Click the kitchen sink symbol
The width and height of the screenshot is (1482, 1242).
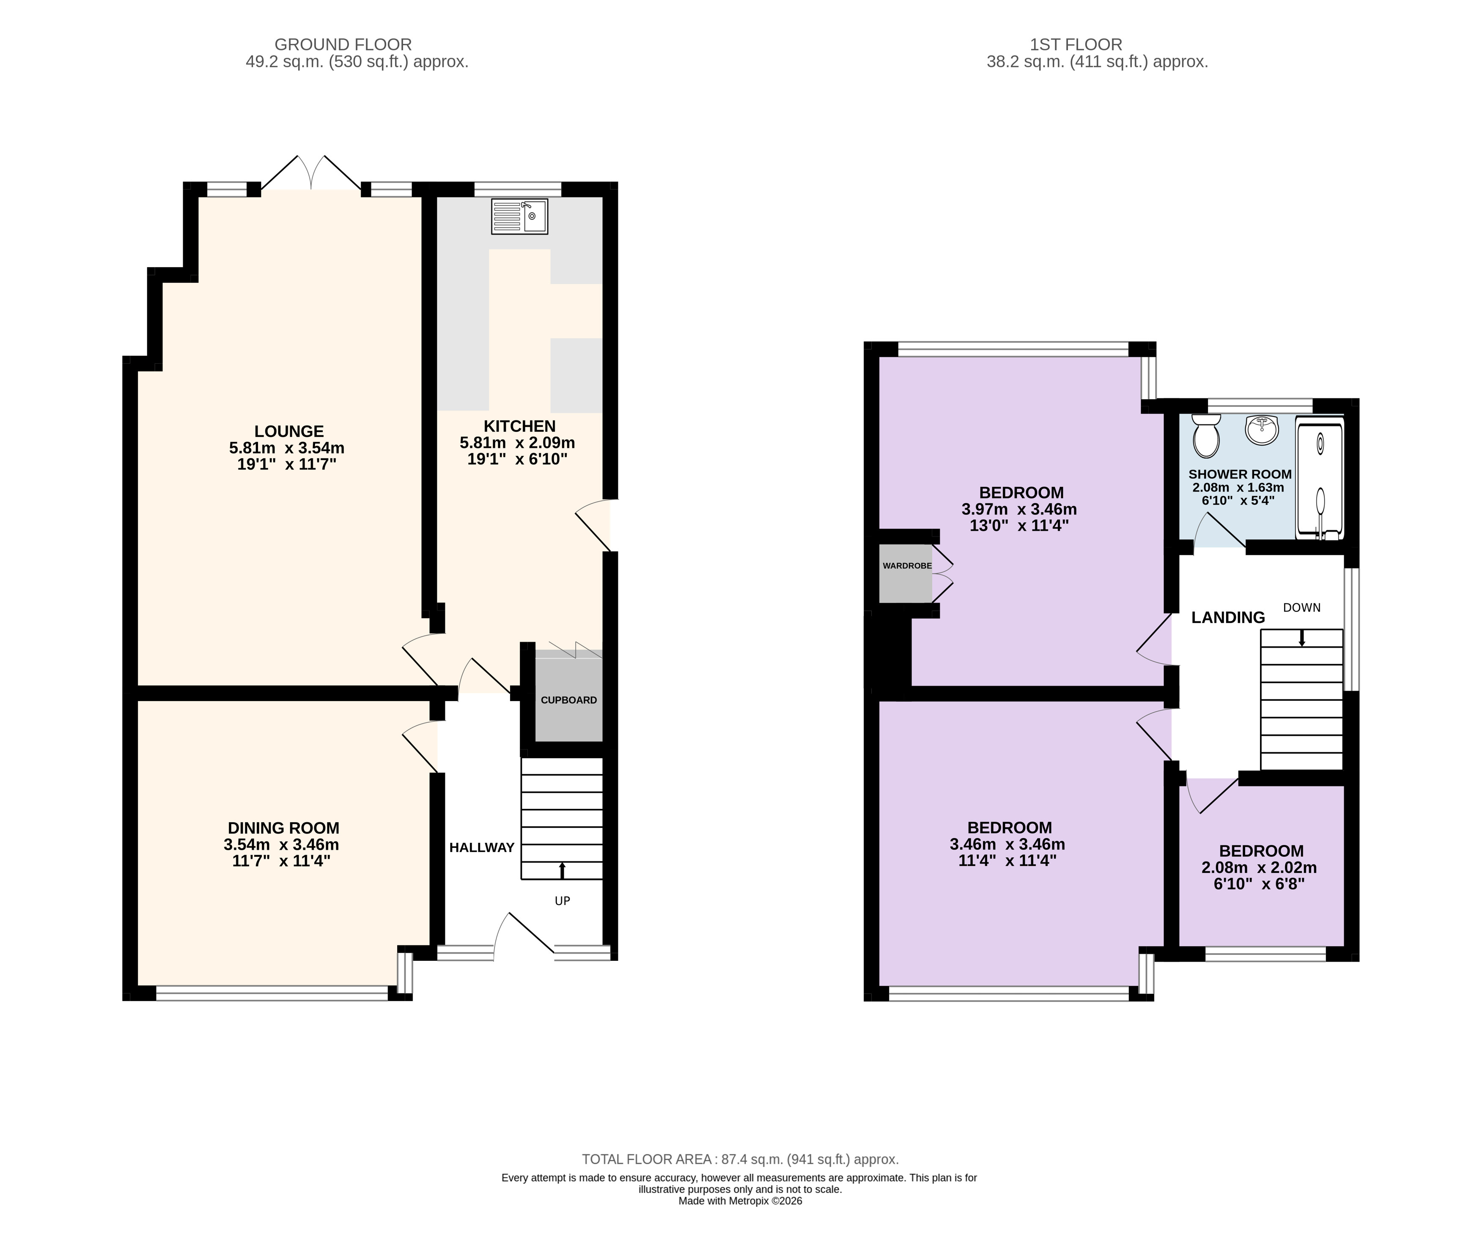519,216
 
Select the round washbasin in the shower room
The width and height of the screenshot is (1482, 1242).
1262,430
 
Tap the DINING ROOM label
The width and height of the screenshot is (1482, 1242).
283,828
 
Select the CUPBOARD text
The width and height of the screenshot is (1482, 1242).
569,700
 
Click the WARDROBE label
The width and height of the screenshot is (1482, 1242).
907,566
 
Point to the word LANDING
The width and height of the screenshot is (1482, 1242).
1228,617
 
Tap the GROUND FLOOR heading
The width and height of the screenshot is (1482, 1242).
343,44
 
